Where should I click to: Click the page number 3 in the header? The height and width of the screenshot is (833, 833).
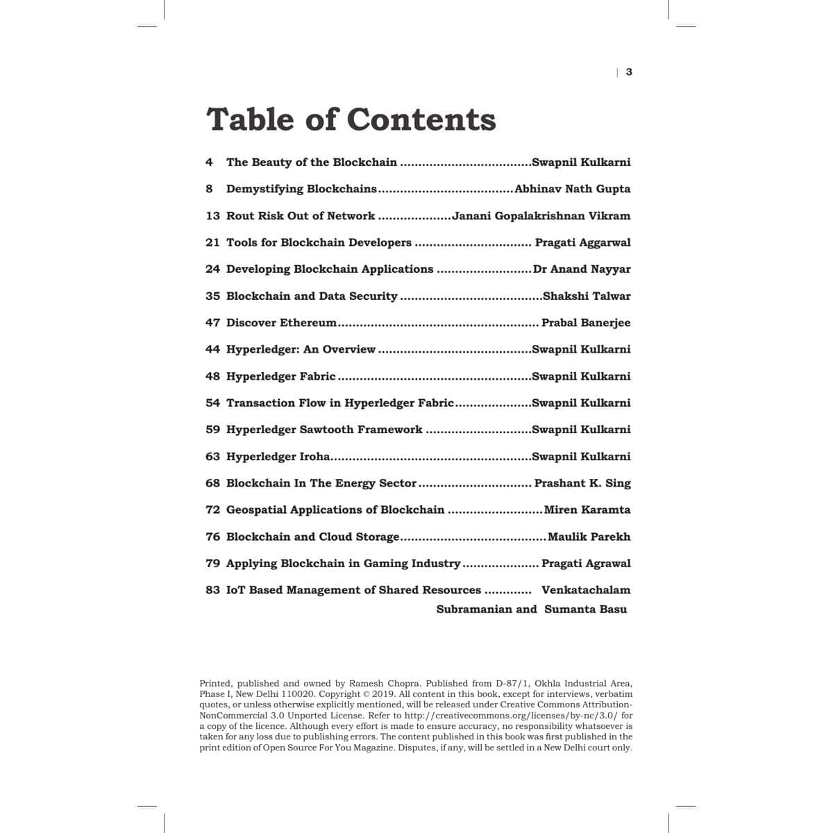(x=629, y=72)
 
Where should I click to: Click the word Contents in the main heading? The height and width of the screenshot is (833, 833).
(x=421, y=119)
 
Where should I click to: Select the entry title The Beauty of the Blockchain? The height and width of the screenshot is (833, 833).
(x=312, y=162)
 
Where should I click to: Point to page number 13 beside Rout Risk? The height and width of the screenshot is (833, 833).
(x=212, y=216)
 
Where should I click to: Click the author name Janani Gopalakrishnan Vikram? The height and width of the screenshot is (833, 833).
(x=541, y=216)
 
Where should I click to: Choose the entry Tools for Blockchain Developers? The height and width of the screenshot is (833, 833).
(x=319, y=242)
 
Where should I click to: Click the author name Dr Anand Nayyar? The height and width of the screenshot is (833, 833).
(x=582, y=269)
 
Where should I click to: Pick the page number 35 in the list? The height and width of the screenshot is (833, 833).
(x=212, y=296)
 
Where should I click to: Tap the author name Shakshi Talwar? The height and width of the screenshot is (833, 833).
(x=587, y=296)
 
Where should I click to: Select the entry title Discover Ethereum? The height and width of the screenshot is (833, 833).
(x=281, y=323)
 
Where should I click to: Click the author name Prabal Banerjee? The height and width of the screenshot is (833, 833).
(x=586, y=323)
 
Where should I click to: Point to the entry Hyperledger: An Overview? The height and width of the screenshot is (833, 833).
(x=301, y=349)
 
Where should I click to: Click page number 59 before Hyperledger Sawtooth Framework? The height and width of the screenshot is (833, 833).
(x=212, y=430)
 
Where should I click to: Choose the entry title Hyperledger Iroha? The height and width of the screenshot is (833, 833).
(x=278, y=457)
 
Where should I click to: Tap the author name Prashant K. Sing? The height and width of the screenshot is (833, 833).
(x=582, y=483)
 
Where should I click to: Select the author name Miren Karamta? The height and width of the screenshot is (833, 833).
(x=587, y=510)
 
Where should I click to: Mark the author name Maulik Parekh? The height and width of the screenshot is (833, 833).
(x=589, y=537)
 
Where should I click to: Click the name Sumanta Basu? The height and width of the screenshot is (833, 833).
(x=585, y=609)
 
